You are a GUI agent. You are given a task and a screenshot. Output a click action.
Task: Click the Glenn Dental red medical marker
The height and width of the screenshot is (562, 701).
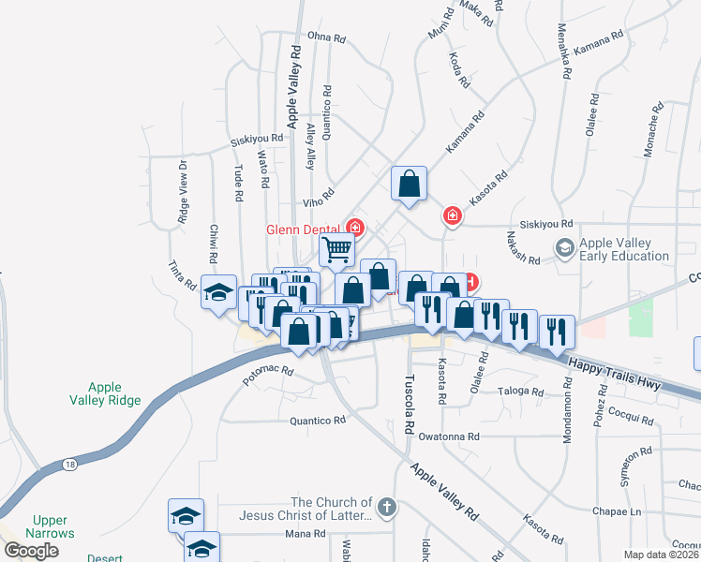(355, 226)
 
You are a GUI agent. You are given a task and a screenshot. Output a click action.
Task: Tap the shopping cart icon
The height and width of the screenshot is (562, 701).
(336, 249)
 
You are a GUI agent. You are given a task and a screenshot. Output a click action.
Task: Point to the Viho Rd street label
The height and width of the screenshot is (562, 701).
(318, 200)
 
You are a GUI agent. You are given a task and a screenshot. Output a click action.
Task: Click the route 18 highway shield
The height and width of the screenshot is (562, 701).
(69, 464)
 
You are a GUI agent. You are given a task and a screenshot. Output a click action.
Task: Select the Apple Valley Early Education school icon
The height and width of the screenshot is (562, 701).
(565, 248)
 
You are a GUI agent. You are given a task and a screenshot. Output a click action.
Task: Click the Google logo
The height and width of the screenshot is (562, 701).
(32, 550)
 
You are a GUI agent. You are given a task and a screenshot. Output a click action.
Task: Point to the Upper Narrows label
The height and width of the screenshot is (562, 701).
(52, 526)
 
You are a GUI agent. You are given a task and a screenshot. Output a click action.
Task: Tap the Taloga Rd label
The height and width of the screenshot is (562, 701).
(521, 391)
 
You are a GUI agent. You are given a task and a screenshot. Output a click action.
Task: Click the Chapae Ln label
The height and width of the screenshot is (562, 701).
(616, 511)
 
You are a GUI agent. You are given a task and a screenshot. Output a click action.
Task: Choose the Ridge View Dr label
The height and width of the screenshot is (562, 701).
(183, 192)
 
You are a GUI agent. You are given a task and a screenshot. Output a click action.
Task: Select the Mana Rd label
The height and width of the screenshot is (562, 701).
(306, 534)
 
